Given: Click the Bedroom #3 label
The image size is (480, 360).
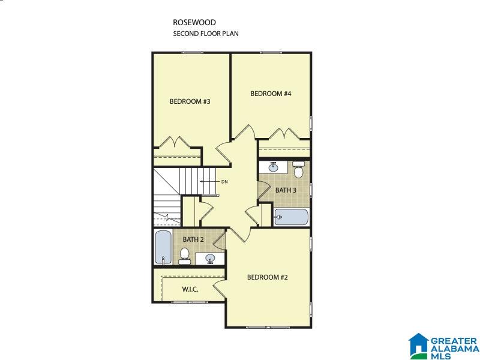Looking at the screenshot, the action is [x=190, y=101].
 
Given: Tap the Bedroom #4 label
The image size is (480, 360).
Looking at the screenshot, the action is [x=271, y=94].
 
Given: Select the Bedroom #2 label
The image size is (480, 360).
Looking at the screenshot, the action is [x=267, y=277].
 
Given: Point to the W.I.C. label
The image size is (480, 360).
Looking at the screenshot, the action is [x=190, y=289].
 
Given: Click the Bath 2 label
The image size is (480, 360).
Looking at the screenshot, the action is [x=193, y=239].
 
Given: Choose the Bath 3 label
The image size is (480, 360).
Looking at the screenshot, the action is [x=286, y=190].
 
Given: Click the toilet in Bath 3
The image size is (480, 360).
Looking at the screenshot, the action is [x=298, y=169].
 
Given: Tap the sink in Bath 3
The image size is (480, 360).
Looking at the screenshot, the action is [x=274, y=167].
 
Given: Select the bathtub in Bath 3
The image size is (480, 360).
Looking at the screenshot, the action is [x=291, y=217].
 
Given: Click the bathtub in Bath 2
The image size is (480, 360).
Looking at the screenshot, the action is [x=163, y=247].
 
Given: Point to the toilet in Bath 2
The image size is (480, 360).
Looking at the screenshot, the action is [x=184, y=256].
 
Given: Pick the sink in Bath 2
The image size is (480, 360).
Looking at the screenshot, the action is [x=210, y=259].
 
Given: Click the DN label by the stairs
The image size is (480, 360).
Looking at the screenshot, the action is [x=224, y=182].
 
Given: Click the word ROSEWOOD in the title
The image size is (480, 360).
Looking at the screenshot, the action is [x=194, y=22].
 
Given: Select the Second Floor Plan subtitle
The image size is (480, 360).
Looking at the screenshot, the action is [x=206, y=34].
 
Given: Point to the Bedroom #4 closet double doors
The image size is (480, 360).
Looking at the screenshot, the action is [x=284, y=133].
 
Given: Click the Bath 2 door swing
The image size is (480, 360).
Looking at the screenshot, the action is [x=219, y=240].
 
